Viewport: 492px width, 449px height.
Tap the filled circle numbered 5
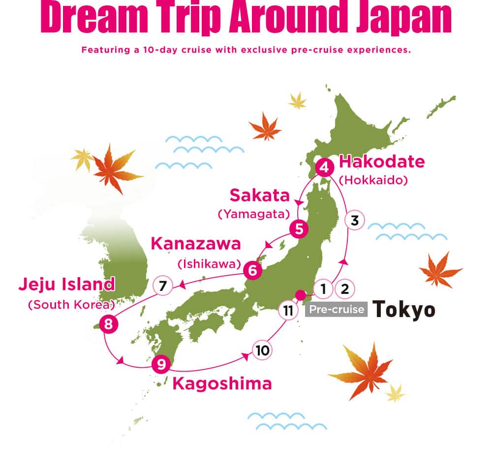tap(299, 228)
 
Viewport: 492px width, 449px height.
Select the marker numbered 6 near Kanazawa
tap(252, 269)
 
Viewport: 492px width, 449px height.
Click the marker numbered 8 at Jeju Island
tap(108, 324)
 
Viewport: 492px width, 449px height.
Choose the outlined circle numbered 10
tap(262, 350)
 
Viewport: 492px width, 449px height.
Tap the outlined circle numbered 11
tap(288, 310)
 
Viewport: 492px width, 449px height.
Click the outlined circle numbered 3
tap(355, 221)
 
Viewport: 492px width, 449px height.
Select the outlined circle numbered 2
tap(344, 289)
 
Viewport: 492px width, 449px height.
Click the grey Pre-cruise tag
tap(337, 310)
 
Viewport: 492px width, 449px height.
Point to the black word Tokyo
tap(403, 310)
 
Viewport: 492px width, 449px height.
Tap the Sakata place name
tap(259, 195)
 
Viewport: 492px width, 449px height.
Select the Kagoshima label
tap(222, 384)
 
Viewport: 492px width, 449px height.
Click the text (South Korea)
tap(72, 304)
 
